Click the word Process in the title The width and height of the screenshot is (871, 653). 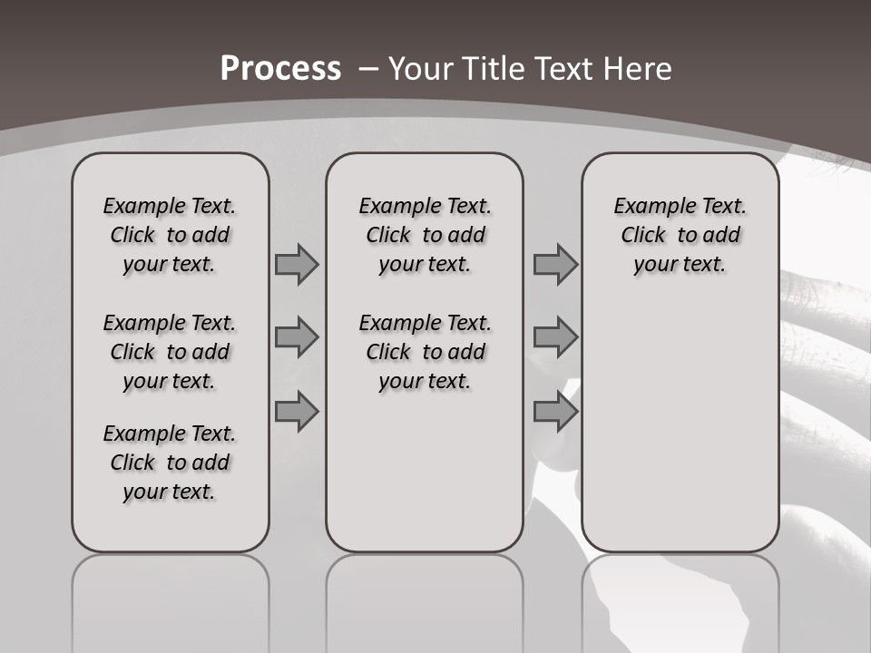pyautogui.click(x=280, y=69)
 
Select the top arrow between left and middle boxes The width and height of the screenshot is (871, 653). pyautogui.click(x=297, y=264)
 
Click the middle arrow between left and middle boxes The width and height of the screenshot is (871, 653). pyautogui.click(x=297, y=337)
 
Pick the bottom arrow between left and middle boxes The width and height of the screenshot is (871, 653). pyautogui.click(x=297, y=411)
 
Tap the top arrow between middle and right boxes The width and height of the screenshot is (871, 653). pyautogui.click(x=555, y=264)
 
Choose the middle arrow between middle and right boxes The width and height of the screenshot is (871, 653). pyautogui.click(x=555, y=337)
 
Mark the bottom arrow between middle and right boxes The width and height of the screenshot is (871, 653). pyautogui.click(x=555, y=411)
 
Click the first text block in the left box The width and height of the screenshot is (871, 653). pyautogui.click(x=170, y=235)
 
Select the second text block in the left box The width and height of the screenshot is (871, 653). pyautogui.click(x=170, y=352)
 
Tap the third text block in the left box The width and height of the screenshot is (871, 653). pyautogui.click(x=170, y=463)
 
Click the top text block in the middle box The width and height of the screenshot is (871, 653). pyautogui.click(x=425, y=235)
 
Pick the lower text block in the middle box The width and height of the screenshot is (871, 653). pyautogui.click(x=425, y=352)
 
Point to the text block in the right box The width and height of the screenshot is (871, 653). pyautogui.click(x=680, y=235)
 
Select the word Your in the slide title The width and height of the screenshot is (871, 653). pyautogui.click(x=423, y=69)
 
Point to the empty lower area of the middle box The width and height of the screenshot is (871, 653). pyautogui.click(x=425, y=472)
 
